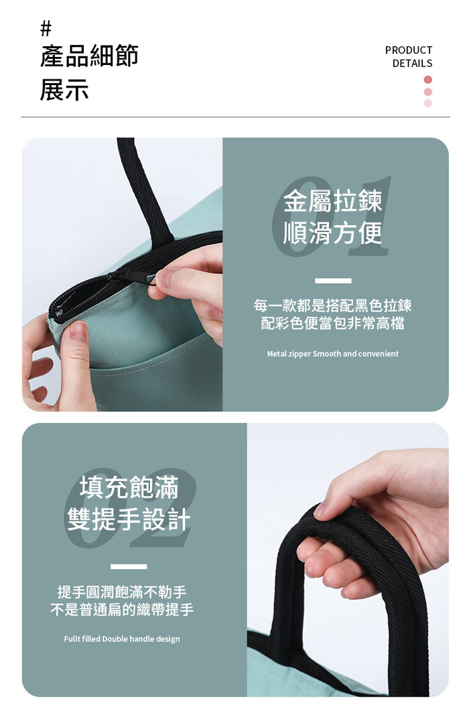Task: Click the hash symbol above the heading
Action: click(x=46, y=29)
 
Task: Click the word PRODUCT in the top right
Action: click(x=409, y=50)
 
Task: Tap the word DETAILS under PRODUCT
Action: click(x=412, y=63)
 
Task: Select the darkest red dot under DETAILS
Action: click(x=427, y=80)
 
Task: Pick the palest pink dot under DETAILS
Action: click(x=427, y=103)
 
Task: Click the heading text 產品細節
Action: click(x=89, y=56)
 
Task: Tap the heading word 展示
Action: click(x=64, y=89)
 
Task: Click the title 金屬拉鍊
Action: click(x=333, y=201)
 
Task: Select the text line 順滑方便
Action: click(x=333, y=233)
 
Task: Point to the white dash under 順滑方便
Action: click(x=333, y=281)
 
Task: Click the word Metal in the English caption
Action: click(x=277, y=354)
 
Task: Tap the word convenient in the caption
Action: click(x=379, y=354)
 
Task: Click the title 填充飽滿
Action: click(x=129, y=487)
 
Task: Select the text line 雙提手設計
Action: click(x=129, y=519)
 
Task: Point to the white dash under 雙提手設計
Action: click(x=129, y=567)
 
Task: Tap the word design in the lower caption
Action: click(x=167, y=639)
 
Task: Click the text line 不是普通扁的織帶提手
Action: click(x=122, y=609)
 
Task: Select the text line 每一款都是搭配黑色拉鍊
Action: click(x=333, y=306)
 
